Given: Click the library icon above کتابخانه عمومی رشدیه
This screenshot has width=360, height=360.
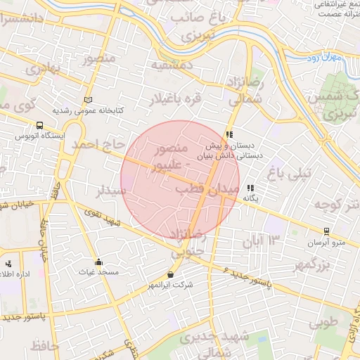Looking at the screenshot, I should [x=88, y=100].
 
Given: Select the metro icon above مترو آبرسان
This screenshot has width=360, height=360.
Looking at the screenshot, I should [x=326, y=231].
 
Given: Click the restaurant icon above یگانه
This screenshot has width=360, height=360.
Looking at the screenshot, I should [x=250, y=188].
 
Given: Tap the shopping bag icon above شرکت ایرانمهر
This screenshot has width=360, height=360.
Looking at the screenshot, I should [x=170, y=274].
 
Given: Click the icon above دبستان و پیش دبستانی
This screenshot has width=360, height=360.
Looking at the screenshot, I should [x=229, y=134].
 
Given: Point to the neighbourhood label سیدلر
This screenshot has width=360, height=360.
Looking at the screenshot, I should [x=112, y=190].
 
